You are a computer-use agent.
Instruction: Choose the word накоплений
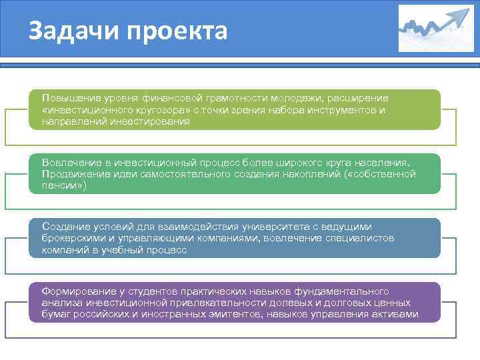pos(306,173)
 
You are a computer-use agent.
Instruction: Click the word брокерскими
pos(73,238)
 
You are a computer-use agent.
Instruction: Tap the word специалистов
pos(356,238)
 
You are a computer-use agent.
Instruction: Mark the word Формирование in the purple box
pos(76,291)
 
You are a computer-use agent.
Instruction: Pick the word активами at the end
pos(396,315)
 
